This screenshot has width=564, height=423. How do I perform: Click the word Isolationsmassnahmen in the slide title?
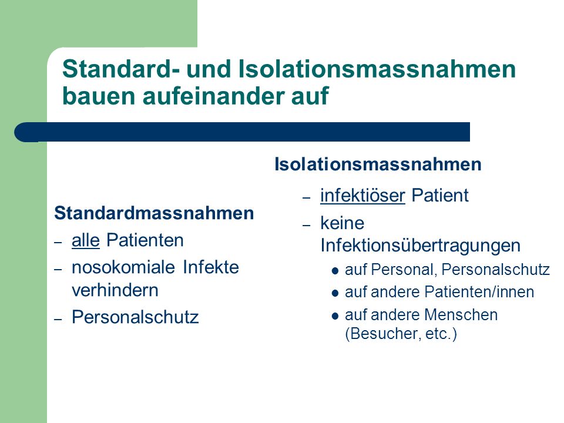pyautogui.click(x=377, y=69)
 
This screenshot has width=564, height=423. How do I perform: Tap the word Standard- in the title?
pyautogui.click(x=121, y=69)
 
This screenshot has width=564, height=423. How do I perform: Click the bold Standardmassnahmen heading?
pyautogui.click(x=154, y=213)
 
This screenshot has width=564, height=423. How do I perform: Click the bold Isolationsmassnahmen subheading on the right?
pyautogui.click(x=378, y=164)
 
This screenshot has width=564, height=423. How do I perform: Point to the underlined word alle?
pyautogui.click(x=86, y=240)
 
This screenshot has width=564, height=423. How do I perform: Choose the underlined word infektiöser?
pyautogui.click(x=362, y=196)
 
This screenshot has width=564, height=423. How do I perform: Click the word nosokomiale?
pyautogui.click(x=123, y=268)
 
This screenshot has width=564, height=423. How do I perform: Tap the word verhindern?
pyautogui.click(x=115, y=290)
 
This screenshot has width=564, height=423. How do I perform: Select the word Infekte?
pyautogui.click(x=211, y=268)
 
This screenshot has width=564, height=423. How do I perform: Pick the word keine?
pyautogui.click(x=343, y=223)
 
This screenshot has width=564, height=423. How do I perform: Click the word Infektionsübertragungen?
pyautogui.click(x=421, y=246)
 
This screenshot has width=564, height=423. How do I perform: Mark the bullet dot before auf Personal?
pyautogui.click(x=335, y=271)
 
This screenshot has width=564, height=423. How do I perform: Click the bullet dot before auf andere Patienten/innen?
pyautogui.click(x=335, y=293)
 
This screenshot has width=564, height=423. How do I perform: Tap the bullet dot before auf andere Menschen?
pyautogui.click(x=335, y=316)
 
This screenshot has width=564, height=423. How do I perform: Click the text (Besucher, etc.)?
pyautogui.click(x=401, y=334)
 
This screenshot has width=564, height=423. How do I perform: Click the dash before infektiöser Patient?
pyautogui.click(x=307, y=198)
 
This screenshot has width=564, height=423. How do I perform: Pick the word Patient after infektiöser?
pyautogui.click(x=440, y=196)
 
